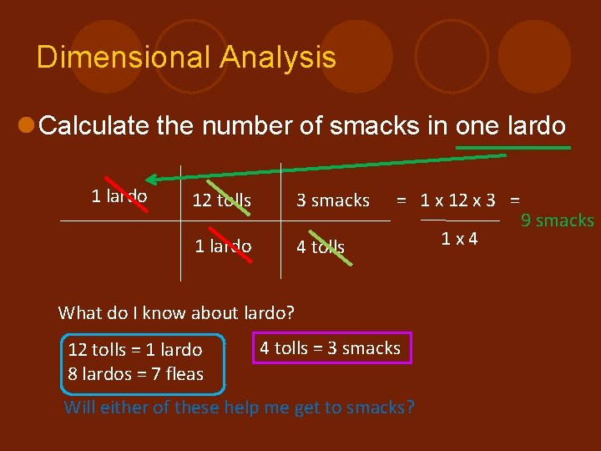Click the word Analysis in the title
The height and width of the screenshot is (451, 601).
point(278,58)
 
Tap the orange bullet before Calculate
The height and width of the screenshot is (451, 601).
point(26,126)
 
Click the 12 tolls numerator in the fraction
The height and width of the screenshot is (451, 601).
point(221,200)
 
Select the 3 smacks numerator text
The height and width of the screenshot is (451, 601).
point(333,200)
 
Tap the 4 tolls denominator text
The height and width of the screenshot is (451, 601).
point(321,246)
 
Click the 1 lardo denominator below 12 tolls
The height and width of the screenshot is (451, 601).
point(223,246)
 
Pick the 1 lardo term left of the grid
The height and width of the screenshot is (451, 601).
point(119,196)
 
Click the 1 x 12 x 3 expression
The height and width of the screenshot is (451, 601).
point(457,200)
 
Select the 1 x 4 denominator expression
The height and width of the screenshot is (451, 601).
point(460,239)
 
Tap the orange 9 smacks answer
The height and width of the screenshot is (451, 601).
point(557,220)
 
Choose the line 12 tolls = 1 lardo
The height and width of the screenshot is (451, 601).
point(135,349)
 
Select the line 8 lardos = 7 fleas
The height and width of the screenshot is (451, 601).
point(135,374)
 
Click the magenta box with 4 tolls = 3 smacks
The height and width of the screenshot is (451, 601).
point(331,348)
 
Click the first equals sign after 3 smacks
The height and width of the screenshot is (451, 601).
point(402,200)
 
